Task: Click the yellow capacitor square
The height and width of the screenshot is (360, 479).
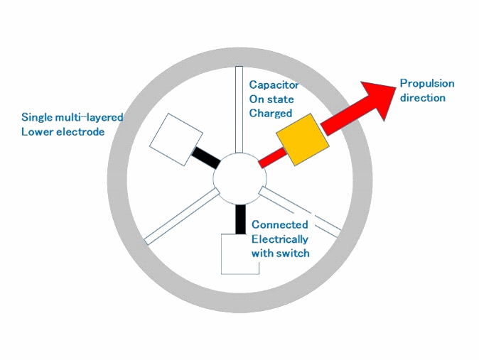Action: pyautogui.click(x=303, y=140)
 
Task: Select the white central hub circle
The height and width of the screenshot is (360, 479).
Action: pyautogui.click(x=239, y=178)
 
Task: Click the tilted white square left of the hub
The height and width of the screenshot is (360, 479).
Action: pyautogui.click(x=176, y=140)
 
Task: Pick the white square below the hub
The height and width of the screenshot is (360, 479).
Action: pyautogui.click(x=240, y=254)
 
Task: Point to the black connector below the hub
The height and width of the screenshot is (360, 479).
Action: pyautogui.click(x=240, y=219)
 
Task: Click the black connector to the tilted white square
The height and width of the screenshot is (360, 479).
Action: pyautogui.click(x=206, y=158)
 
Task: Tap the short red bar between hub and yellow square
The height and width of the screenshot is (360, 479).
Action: pyautogui.click(x=273, y=158)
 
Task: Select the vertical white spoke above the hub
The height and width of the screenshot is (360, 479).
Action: pyautogui.click(x=239, y=109)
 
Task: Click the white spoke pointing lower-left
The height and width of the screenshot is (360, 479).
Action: pyautogui.click(x=182, y=217)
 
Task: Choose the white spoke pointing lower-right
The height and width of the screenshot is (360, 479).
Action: pyautogui.click(x=300, y=212)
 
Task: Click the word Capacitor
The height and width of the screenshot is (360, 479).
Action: pyautogui.click(x=274, y=84)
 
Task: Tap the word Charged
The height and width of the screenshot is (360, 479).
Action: pyautogui.click(x=271, y=114)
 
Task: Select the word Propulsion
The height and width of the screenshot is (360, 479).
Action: pyautogui.click(x=427, y=83)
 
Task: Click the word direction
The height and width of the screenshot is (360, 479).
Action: pyautogui.click(x=422, y=98)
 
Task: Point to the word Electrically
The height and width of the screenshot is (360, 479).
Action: pyautogui.click(x=279, y=239)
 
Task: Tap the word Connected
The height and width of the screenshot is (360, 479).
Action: pyautogui.click(x=279, y=224)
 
